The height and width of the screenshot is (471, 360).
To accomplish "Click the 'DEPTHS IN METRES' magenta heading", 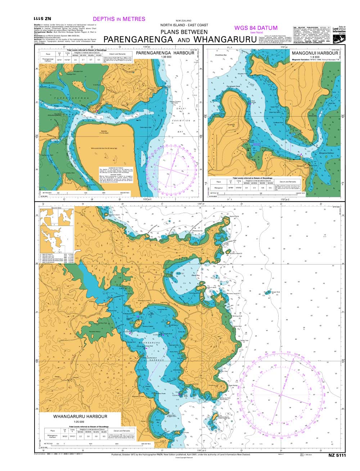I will (119, 19).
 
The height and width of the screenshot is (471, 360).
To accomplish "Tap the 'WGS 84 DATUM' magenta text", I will (256, 28).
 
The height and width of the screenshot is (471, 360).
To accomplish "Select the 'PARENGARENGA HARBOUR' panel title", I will (165, 53).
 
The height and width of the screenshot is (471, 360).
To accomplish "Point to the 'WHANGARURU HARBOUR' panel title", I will (80, 417).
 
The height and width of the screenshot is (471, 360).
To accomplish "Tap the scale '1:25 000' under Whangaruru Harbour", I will (79, 422).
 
